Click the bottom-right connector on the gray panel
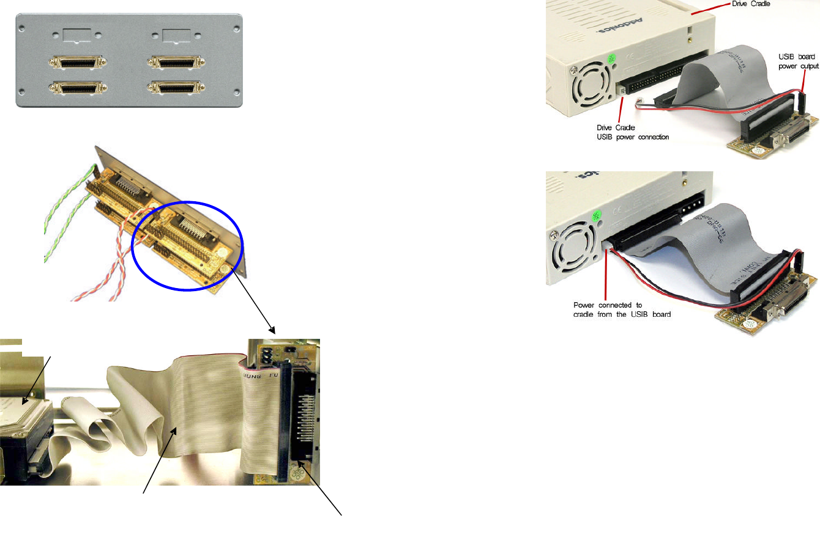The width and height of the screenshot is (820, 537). point(176,87)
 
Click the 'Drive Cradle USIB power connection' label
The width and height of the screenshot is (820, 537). point(633,132)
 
